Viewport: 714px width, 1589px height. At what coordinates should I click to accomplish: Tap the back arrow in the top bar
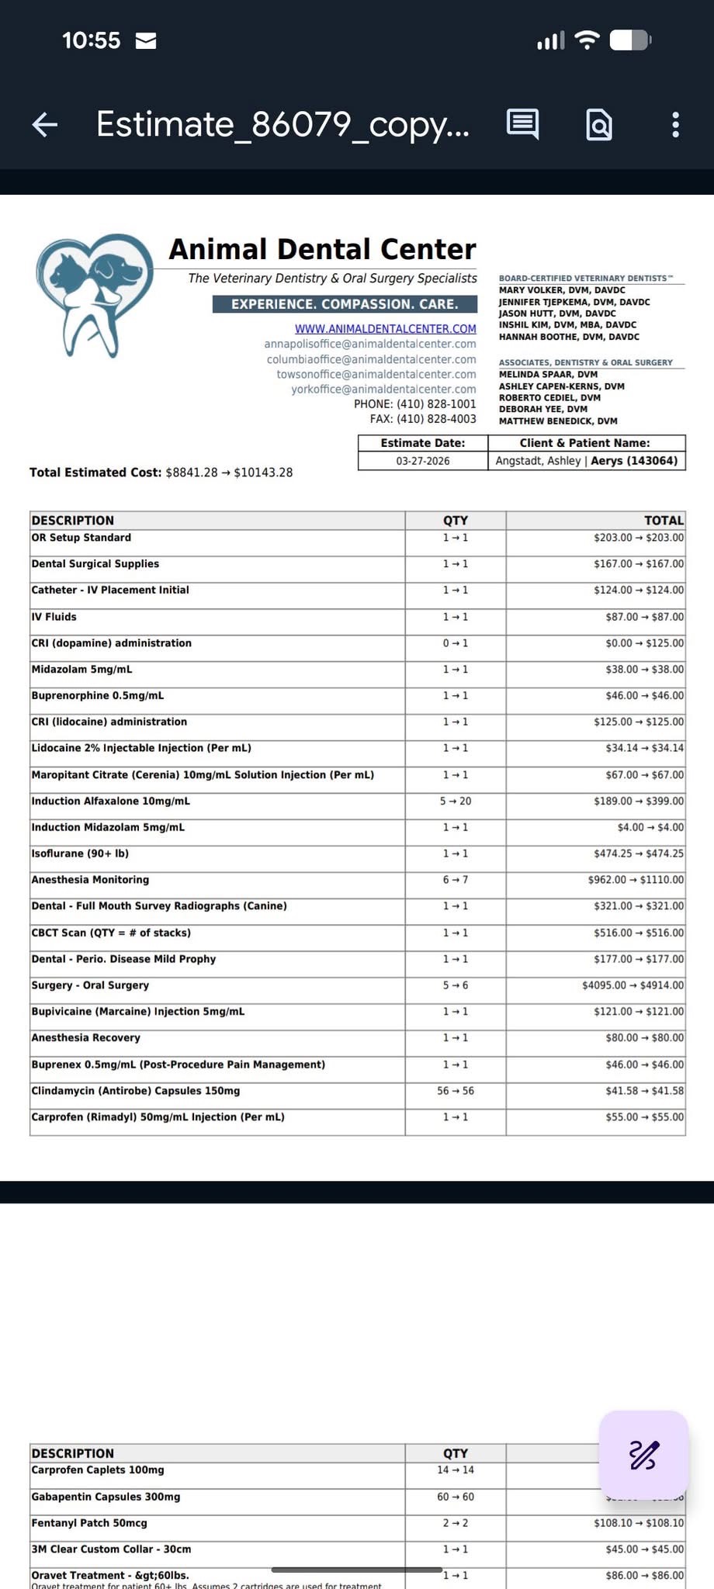[x=45, y=124]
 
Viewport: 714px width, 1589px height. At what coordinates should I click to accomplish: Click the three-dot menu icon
[x=676, y=124]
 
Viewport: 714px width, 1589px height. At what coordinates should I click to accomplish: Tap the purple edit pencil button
[x=643, y=1455]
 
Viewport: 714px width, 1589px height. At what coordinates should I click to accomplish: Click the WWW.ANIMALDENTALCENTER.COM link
[x=385, y=329]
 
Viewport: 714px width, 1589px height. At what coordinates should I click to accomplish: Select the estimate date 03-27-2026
[x=423, y=461]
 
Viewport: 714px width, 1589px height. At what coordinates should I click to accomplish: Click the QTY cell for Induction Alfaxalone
[x=456, y=801]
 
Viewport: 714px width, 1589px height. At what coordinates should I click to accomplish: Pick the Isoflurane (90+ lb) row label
[x=80, y=853]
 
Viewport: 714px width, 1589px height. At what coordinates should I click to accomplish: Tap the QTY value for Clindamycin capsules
[x=456, y=1091]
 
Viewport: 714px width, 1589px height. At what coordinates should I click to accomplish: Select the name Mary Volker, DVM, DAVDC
[x=561, y=290]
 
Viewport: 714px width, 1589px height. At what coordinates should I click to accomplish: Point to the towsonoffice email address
[x=376, y=374]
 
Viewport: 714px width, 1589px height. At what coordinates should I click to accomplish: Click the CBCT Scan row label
[x=111, y=933]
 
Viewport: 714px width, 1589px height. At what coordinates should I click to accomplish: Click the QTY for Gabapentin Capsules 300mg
[x=456, y=1497]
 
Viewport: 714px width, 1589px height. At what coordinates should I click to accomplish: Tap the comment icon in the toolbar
[x=522, y=124]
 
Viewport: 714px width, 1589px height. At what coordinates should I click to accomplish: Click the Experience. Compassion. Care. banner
[x=345, y=304]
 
